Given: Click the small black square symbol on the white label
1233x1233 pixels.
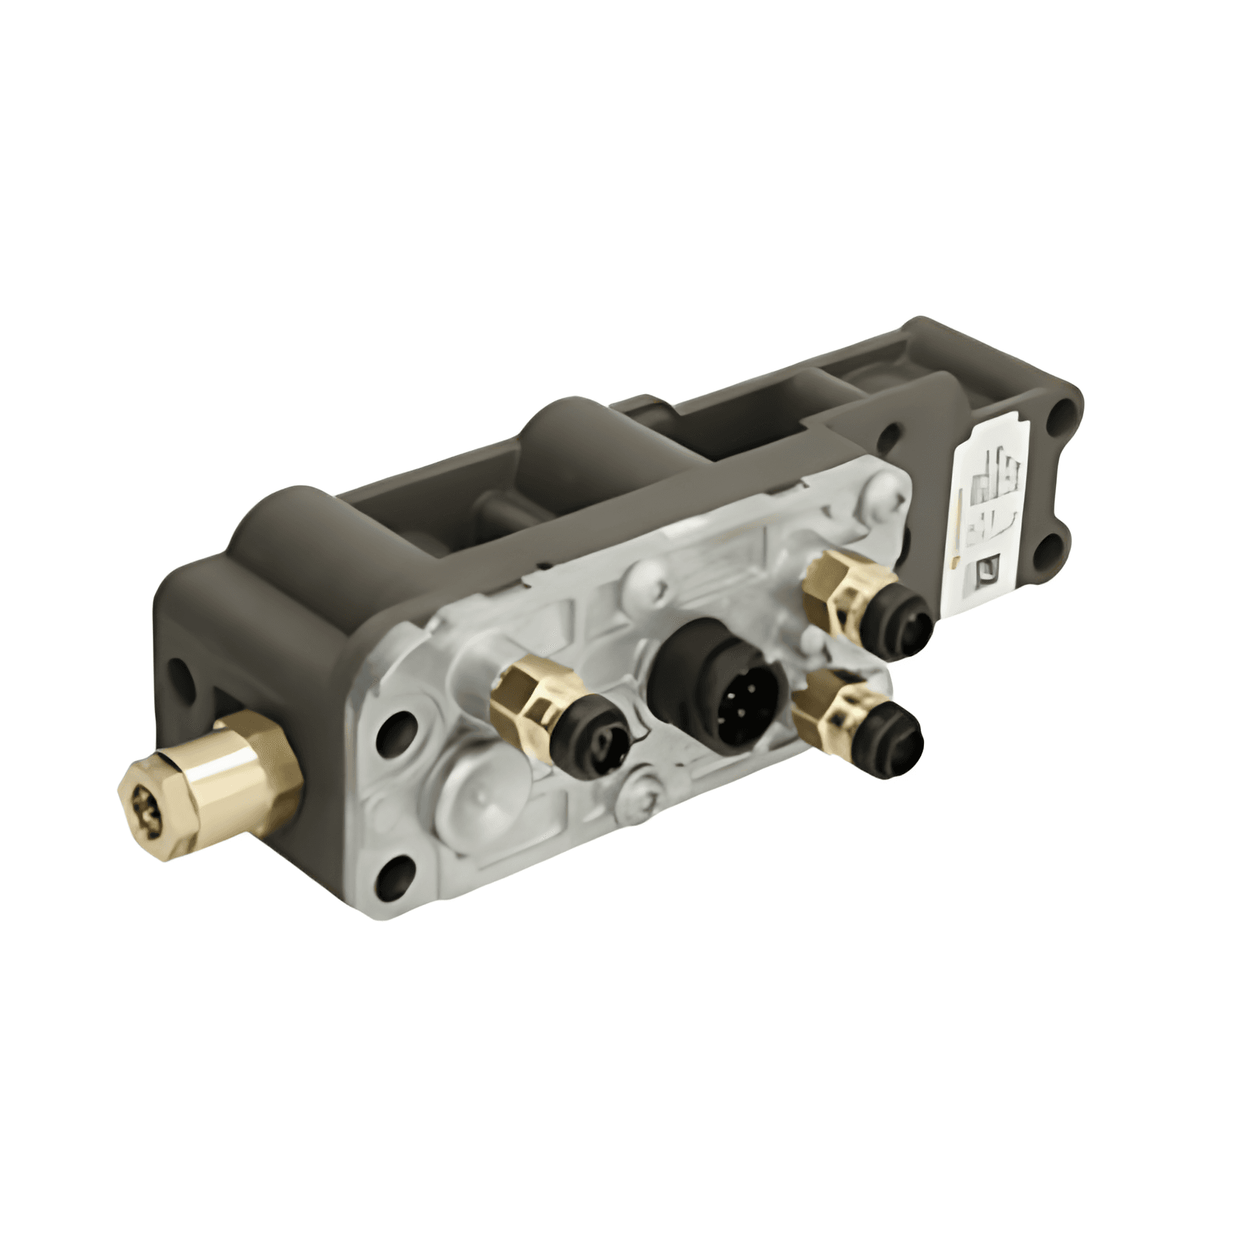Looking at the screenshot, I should click(989, 569).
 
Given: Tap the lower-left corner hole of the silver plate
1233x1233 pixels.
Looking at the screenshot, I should click(395, 877).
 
